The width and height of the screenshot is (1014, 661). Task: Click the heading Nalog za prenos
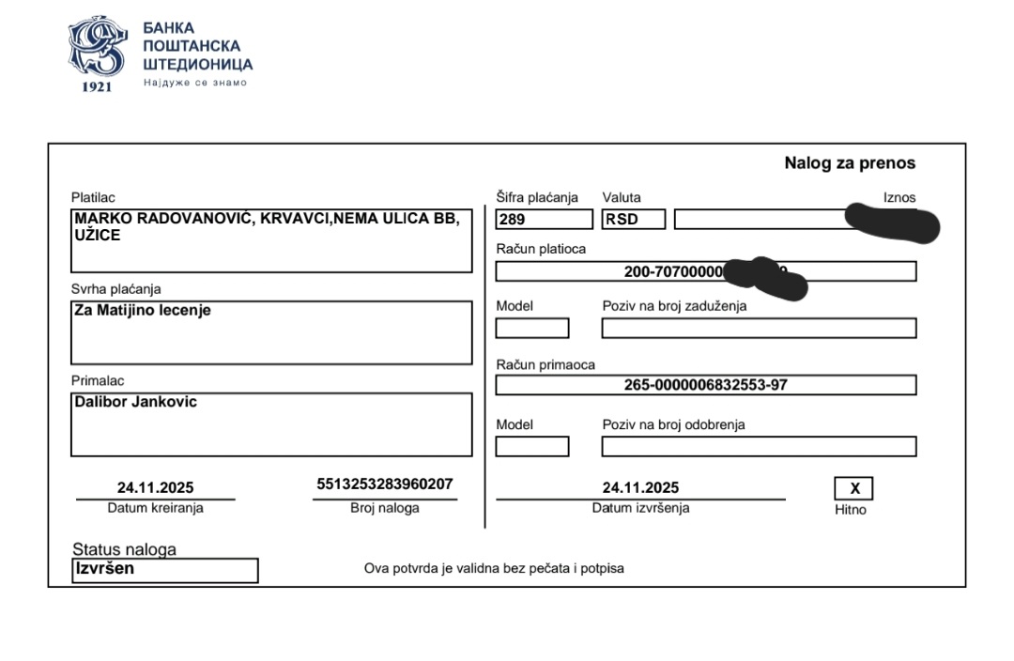click(849, 163)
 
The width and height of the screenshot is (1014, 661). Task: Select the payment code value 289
click(512, 221)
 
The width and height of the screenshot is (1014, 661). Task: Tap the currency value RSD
click(622, 221)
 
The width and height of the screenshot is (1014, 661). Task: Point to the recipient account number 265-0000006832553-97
click(705, 385)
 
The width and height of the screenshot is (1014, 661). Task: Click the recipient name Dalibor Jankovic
click(135, 402)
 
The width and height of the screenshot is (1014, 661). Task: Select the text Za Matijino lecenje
click(143, 310)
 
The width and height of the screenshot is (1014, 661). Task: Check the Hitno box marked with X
click(853, 488)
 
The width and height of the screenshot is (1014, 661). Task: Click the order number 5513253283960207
click(385, 484)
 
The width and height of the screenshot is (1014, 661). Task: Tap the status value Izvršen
click(105, 568)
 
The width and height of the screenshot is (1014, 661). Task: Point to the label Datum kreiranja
click(155, 508)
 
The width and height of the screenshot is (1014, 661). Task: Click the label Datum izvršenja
click(640, 508)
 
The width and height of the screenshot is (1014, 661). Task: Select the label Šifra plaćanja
click(537, 197)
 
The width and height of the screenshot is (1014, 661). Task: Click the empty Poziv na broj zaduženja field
click(759, 329)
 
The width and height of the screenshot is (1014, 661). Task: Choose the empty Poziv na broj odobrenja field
click(759, 447)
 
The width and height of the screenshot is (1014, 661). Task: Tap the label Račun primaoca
click(545, 364)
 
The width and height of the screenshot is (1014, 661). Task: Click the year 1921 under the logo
click(97, 86)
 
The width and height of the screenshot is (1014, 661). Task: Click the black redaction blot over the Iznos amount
click(892, 223)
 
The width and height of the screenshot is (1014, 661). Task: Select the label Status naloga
click(124, 549)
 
